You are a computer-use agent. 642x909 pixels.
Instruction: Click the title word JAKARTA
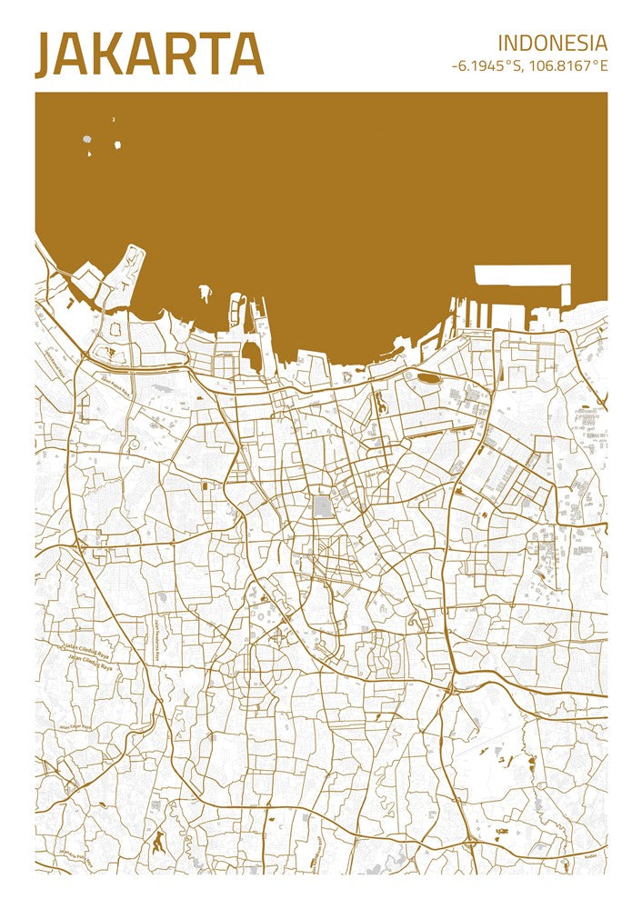(x=149, y=55)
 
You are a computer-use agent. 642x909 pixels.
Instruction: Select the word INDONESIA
(x=552, y=43)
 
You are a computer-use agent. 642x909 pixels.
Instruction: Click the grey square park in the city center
(x=323, y=507)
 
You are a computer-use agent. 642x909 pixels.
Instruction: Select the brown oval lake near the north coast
(x=428, y=376)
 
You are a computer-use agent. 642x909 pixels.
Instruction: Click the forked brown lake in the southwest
(x=159, y=841)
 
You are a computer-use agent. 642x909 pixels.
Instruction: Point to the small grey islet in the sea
(x=87, y=140)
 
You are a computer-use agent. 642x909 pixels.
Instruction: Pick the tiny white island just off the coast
(x=204, y=293)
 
